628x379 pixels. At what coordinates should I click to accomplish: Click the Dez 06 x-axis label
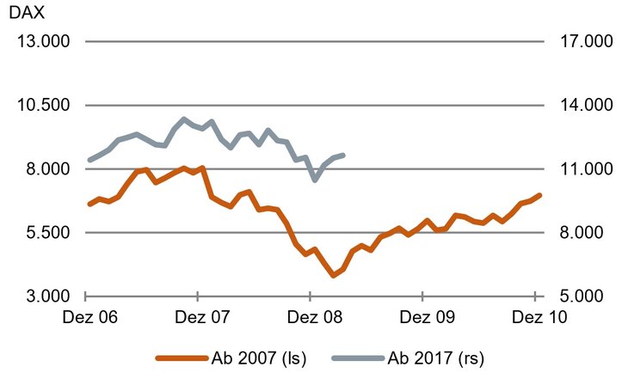pos(89,317)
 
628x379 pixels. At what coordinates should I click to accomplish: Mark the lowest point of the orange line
pos(334,275)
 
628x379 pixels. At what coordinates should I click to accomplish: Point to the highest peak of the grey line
pos(184,119)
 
